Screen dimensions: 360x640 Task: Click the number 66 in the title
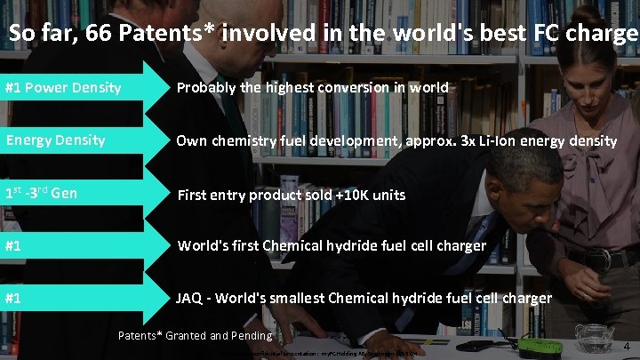93,34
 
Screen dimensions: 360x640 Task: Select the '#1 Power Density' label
62,88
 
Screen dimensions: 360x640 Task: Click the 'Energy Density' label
55,140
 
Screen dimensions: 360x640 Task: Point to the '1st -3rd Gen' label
42,193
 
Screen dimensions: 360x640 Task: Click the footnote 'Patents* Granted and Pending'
195,335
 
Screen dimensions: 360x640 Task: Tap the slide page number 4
626,345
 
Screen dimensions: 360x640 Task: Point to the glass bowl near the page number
593,336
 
